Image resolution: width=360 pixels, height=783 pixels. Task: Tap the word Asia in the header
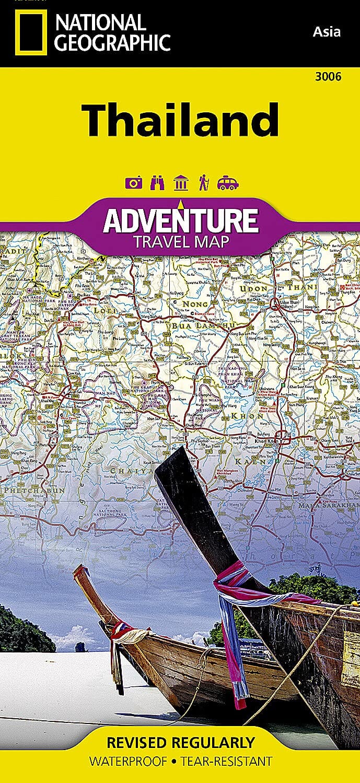pyautogui.click(x=327, y=32)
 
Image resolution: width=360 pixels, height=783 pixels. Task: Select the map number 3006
pyautogui.click(x=329, y=77)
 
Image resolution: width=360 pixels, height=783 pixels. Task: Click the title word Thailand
pyautogui.click(x=180, y=120)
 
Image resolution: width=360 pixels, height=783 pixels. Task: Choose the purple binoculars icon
pyautogui.click(x=157, y=183)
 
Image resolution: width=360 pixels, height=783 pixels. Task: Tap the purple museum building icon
pyautogui.click(x=180, y=183)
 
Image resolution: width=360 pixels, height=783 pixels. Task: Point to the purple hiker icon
pyautogui.click(x=203, y=183)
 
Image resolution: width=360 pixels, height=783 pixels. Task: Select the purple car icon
pyautogui.click(x=227, y=183)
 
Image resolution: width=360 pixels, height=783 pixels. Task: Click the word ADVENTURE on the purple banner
pyautogui.click(x=180, y=221)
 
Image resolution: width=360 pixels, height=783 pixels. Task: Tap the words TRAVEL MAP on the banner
pyautogui.click(x=180, y=242)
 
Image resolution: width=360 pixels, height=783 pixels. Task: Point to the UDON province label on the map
pyautogui.click(x=254, y=289)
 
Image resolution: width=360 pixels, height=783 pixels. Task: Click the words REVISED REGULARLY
pyautogui.click(x=180, y=743)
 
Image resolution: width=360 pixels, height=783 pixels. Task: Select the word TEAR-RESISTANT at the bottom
pyautogui.click(x=226, y=762)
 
